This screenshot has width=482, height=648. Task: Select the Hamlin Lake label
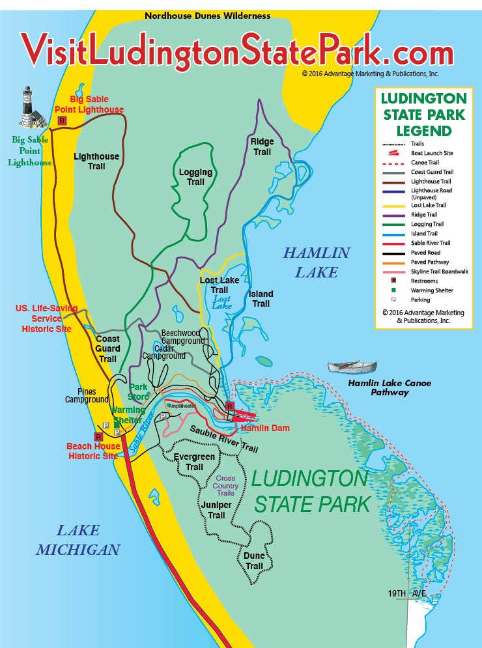[x=317, y=262]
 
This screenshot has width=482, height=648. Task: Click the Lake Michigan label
[x=78, y=540]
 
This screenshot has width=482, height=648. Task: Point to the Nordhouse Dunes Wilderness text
[x=207, y=16]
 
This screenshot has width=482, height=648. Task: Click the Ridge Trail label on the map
[x=262, y=147]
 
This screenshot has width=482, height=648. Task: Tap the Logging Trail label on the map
[x=195, y=177]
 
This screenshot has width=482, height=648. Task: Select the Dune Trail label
[x=254, y=561]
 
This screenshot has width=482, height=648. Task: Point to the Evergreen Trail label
[x=194, y=462]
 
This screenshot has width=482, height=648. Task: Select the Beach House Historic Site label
[x=94, y=451]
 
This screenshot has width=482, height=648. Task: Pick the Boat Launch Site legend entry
[x=432, y=153]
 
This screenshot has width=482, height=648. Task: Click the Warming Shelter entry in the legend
[x=432, y=290]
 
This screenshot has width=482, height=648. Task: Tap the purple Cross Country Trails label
[x=225, y=486]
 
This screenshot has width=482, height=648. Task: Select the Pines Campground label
[x=86, y=396]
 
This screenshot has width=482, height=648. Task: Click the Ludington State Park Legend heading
[x=423, y=115]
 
